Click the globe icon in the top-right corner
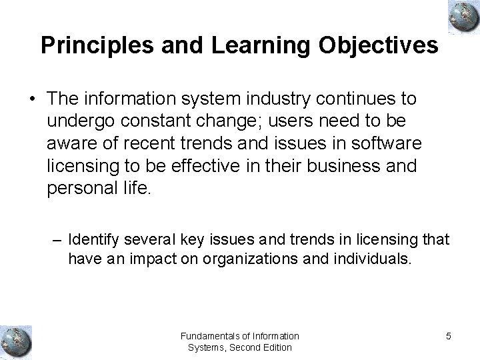pos(460,17)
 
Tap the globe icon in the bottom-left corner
pos(15,340)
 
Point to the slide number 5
pos(448,336)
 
